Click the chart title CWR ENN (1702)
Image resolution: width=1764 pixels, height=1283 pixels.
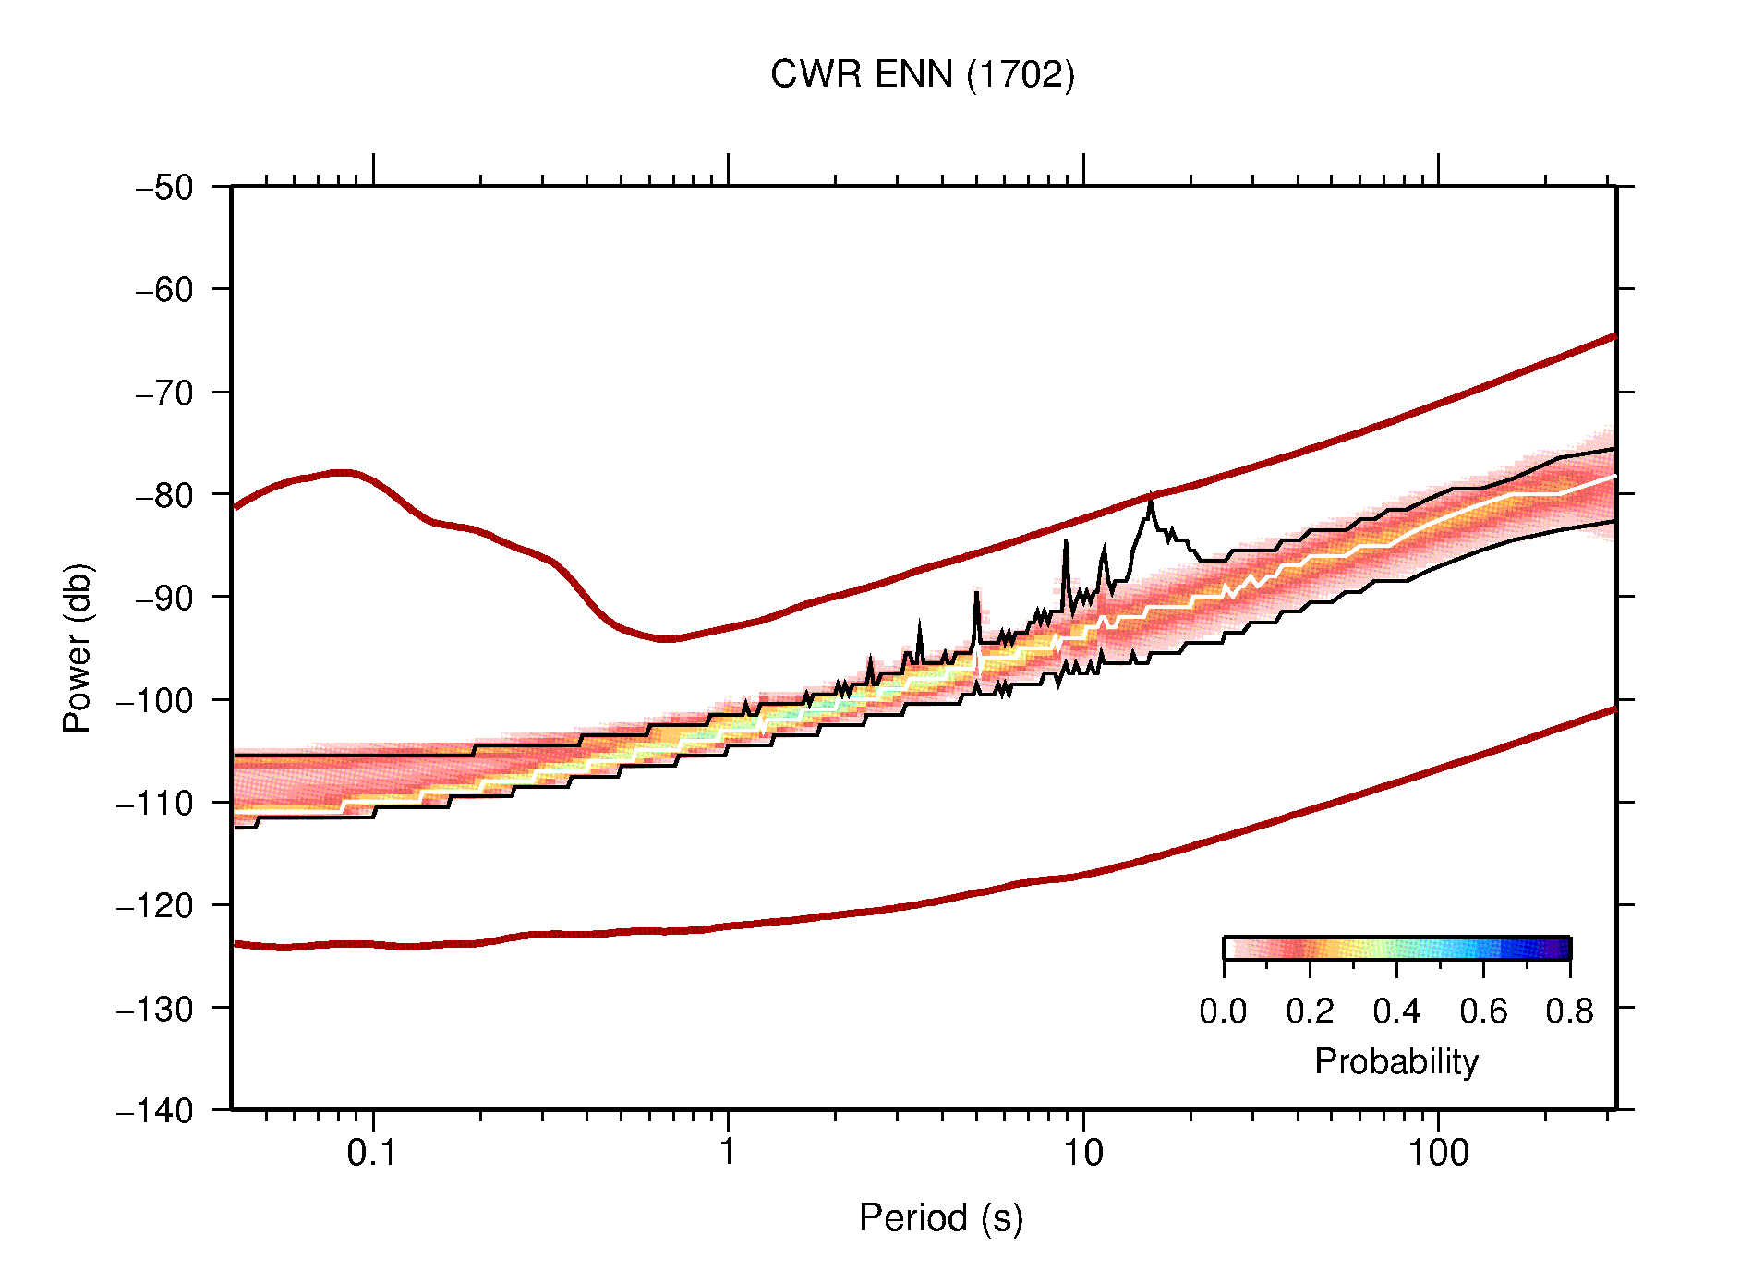click(x=923, y=75)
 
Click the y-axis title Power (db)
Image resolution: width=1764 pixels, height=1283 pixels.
click(x=78, y=648)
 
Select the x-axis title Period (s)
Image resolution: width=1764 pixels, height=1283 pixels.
click(x=941, y=1217)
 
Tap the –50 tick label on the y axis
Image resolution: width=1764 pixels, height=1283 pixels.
click(x=164, y=188)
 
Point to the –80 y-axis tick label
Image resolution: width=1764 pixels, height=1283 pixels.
click(x=164, y=495)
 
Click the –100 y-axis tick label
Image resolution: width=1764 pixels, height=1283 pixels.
click(x=155, y=700)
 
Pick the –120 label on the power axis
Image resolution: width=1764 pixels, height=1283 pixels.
click(x=155, y=905)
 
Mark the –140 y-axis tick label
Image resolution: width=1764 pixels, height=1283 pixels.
click(x=155, y=1110)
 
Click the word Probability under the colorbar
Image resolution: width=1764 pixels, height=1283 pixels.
click(x=1395, y=1061)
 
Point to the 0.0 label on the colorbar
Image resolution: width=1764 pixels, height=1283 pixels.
click(x=1223, y=1011)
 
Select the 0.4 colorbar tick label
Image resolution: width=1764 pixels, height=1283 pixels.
click(x=1396, y=1011)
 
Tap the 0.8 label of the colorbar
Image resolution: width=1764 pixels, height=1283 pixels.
click(x=1569, y=1011)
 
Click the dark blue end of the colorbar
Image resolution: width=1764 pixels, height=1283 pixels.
click(x=1561, y=949)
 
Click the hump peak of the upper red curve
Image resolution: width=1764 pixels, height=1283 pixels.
click(x=342, y=472)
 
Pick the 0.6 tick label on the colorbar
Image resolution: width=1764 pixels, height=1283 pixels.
click(x=1483, y=1011)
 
